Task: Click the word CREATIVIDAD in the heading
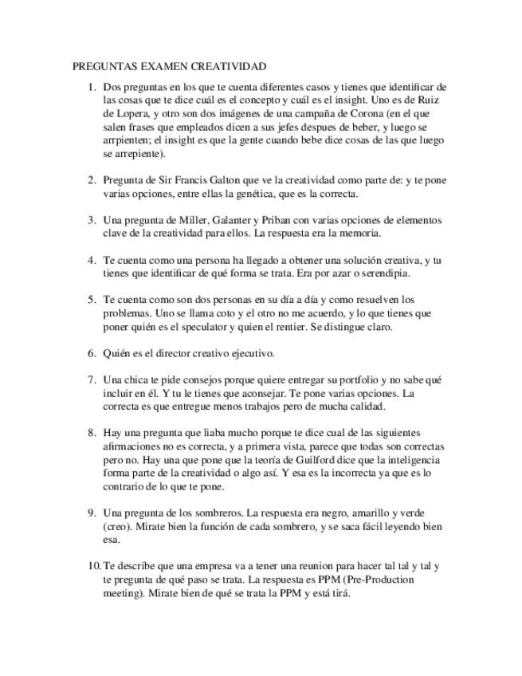(x=230, y=67)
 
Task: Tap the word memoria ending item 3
(x=359, y=234)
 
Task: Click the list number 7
(x=92, y=379)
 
